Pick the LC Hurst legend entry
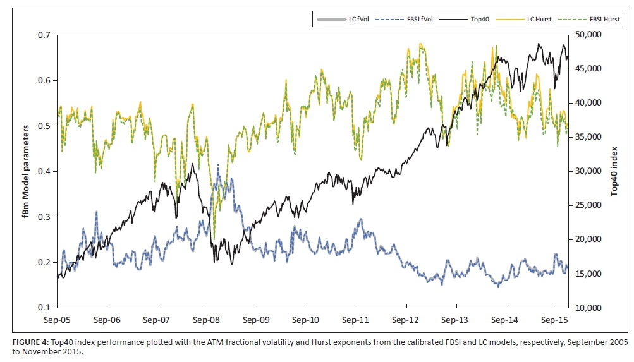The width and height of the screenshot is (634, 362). [528, 19]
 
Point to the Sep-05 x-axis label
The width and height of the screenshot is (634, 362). [58, 320]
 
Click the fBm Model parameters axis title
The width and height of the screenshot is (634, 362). [27, 171]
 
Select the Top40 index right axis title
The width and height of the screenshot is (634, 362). [614, 171]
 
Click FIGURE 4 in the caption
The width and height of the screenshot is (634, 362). [28, 342]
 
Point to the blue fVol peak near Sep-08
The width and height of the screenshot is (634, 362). [218, 166]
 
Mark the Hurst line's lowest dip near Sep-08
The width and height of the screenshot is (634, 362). [213, 239]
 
